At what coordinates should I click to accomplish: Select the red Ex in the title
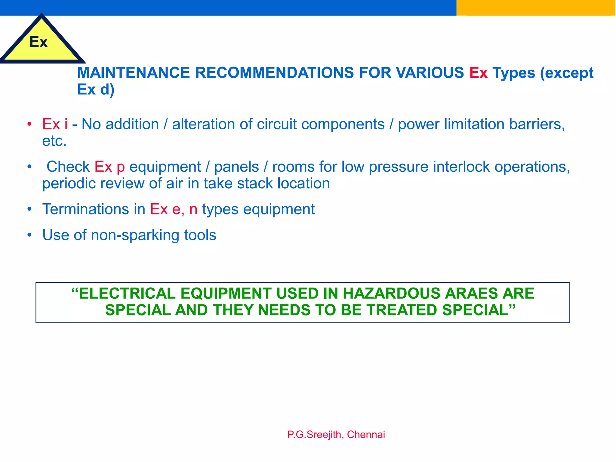[478, 73]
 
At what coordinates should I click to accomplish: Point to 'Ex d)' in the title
[96, 89]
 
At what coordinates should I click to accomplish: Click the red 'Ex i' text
[55, 124]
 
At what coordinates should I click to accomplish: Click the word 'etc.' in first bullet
[54, 141]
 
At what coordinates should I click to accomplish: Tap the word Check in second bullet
[68, 167]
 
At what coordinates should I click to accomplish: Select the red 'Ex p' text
[109, 167]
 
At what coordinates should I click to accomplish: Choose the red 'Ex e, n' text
[174, 209]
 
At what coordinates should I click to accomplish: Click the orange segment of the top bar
[536, 8]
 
